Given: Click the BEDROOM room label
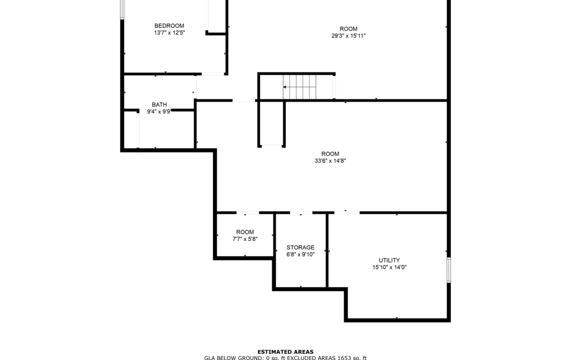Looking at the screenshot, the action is [x=169, y=26].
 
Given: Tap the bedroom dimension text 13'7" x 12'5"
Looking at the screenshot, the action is [x=169, y=33].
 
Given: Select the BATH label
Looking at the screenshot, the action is [x=160, y=105].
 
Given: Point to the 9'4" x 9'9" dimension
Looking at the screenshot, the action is [x=159, y=112].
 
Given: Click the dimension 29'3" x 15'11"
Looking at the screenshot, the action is [x=348, y=36].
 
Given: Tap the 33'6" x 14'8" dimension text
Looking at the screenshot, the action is [x=330, y=161].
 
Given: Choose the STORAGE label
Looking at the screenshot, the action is [x=301, y=247].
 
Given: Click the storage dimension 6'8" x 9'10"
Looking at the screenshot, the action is [x=301, y=255].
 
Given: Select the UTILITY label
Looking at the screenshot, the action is [x=389, y=260].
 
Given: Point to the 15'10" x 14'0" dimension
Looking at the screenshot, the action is [x=389, y=267].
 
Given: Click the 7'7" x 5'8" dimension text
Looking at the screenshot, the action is [x=245, y=239].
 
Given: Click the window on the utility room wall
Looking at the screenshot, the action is [x=449, y=270].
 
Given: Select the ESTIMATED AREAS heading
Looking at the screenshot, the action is [x=285, y=352].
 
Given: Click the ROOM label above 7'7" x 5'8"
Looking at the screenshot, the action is [x=245, y=232].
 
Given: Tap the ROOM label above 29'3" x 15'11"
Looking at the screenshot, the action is [x=348, y=29].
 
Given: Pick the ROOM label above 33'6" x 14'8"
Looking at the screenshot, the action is [x=330, y=154].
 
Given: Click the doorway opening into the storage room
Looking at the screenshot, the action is [x=301, y=213].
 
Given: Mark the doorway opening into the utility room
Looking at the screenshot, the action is [x=347, y=213].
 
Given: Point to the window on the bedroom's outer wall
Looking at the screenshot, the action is [x=122, y=9].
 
